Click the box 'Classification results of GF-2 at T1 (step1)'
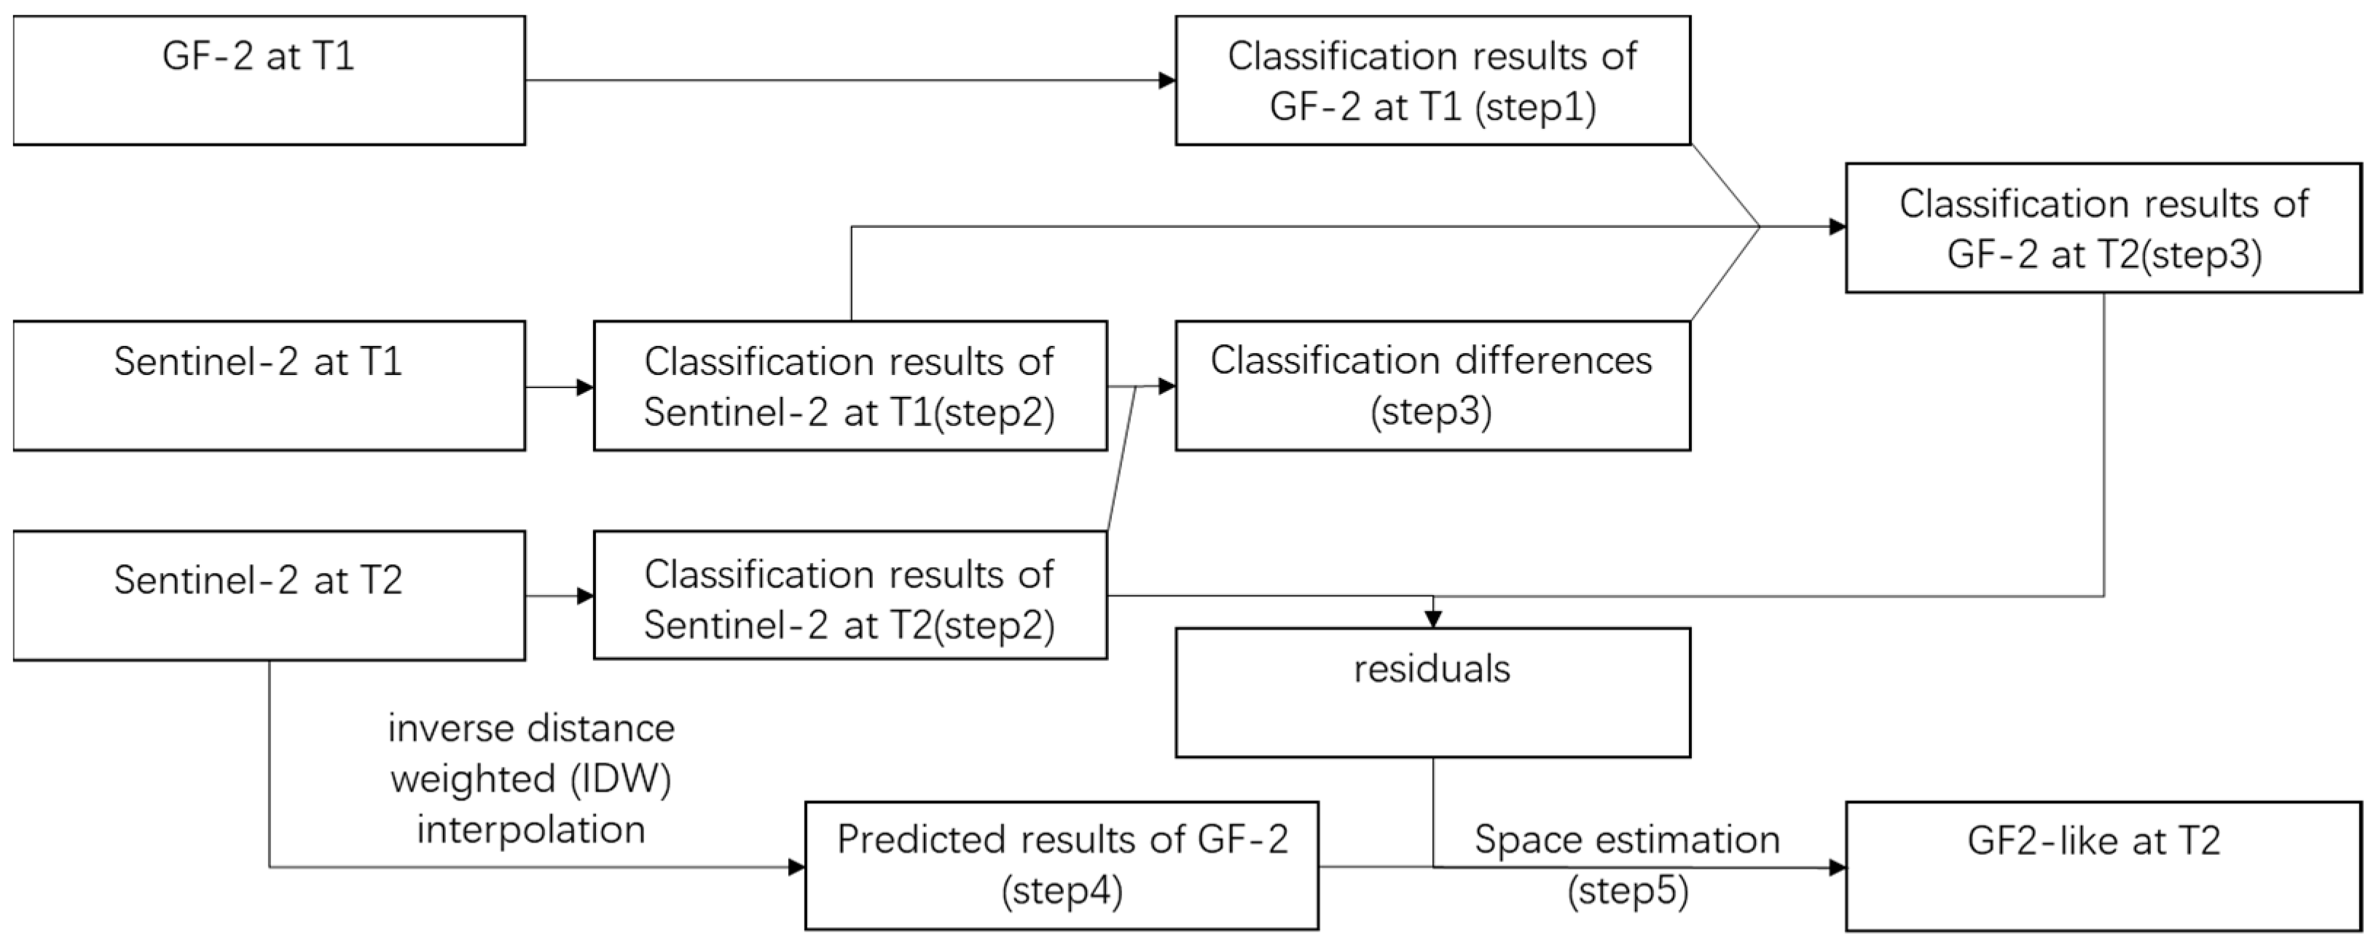click(1432, 80)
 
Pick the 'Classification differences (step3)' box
click(1432, 385)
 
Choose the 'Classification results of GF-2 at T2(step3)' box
click(2103, 228)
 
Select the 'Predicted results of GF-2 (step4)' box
click(1062, 865)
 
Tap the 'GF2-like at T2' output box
click(2103, 865)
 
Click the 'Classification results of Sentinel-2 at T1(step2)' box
click(850, 385)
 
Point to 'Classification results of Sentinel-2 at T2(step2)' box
click(850, 595)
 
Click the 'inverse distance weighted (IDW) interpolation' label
click(531, 779)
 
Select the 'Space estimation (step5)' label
click(1627, 865)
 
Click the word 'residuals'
click(1432, 669)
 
